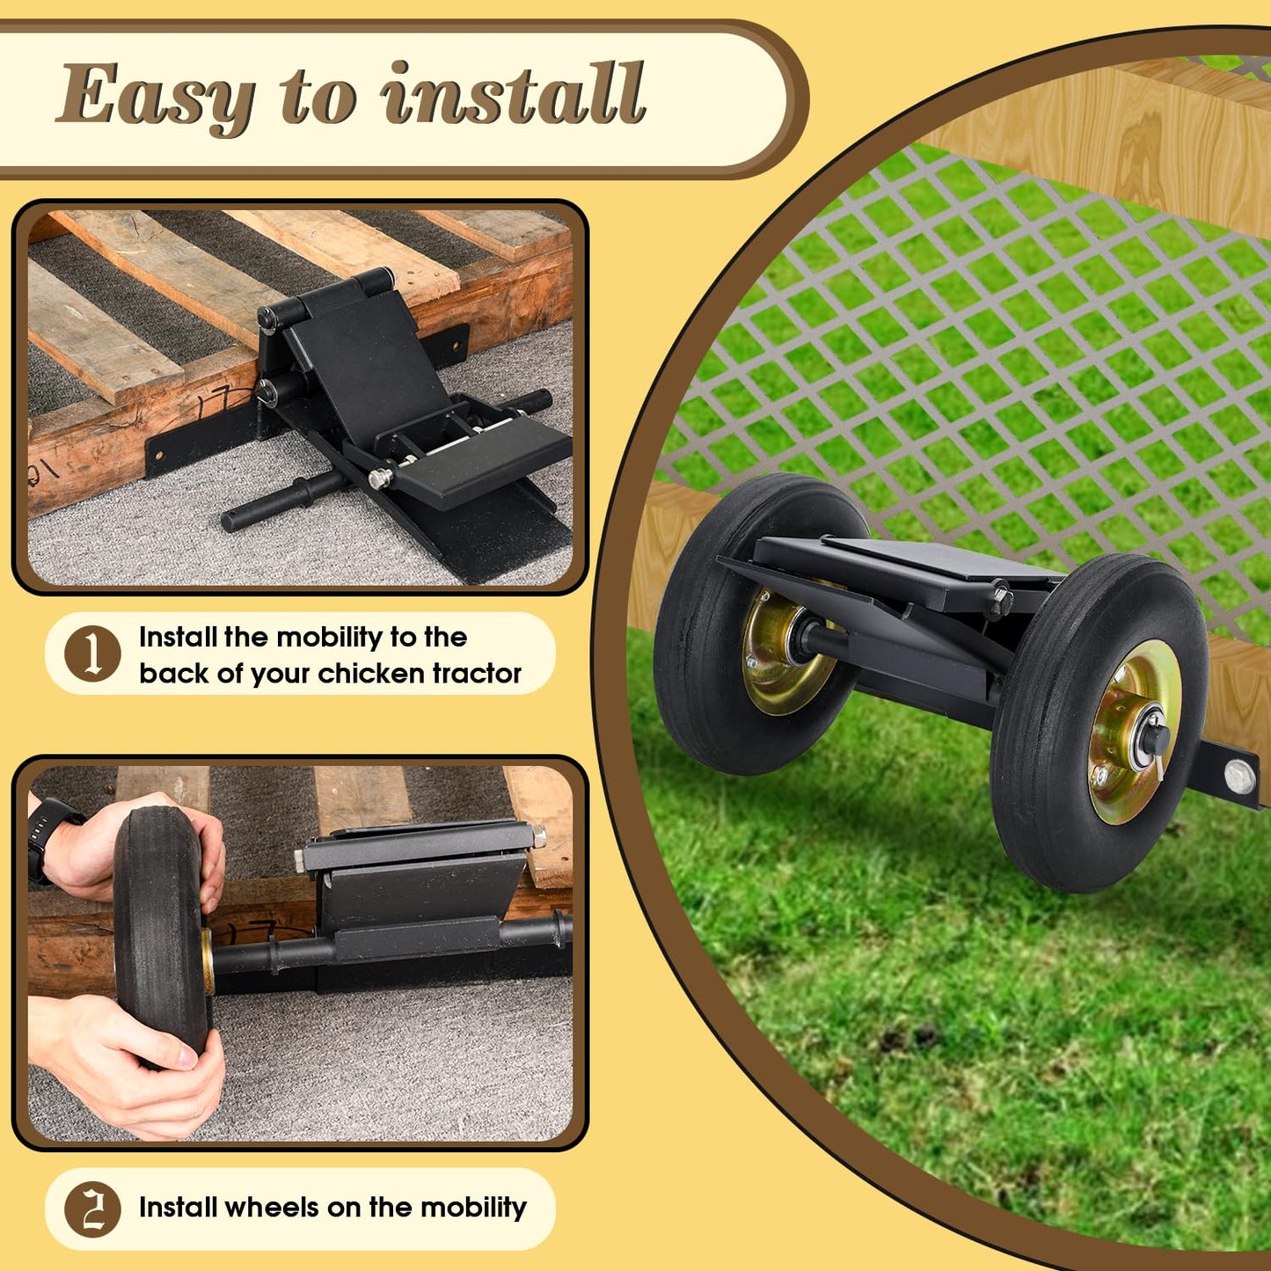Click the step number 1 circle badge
[92, 653]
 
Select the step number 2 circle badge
[92, 1209]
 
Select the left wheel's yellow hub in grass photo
[778, 650]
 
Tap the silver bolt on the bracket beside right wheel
[1238, 778]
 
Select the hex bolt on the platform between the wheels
[1001, 598]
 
